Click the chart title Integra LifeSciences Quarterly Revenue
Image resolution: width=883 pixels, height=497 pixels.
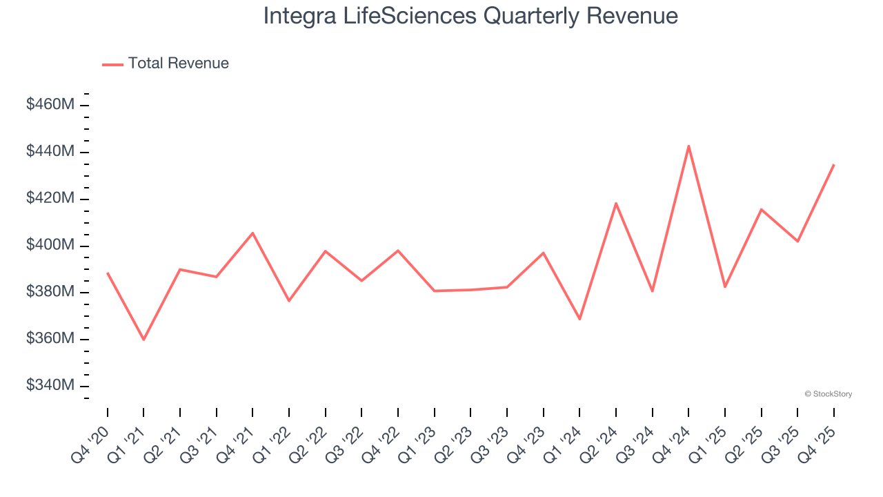470,16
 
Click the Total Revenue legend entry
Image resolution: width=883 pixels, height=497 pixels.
166,64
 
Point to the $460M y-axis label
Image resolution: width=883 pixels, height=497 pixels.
50,105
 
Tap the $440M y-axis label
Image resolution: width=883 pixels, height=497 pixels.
50,151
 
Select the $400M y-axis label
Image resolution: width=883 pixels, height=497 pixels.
50,245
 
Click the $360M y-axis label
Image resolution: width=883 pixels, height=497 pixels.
50,339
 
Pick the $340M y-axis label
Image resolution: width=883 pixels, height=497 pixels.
50,385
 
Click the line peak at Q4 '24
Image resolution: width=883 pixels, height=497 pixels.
688,146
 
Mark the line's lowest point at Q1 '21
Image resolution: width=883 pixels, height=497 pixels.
143,340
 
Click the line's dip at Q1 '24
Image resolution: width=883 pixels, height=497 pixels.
579,319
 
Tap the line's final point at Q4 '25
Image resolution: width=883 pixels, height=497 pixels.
833,165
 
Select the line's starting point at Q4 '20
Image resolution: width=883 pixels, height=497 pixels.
108,273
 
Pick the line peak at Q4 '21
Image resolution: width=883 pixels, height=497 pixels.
252,233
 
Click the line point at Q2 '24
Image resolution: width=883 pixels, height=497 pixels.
615,203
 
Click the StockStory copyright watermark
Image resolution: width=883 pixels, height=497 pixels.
828,394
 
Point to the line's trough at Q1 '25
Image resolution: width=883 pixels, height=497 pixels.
725,287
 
